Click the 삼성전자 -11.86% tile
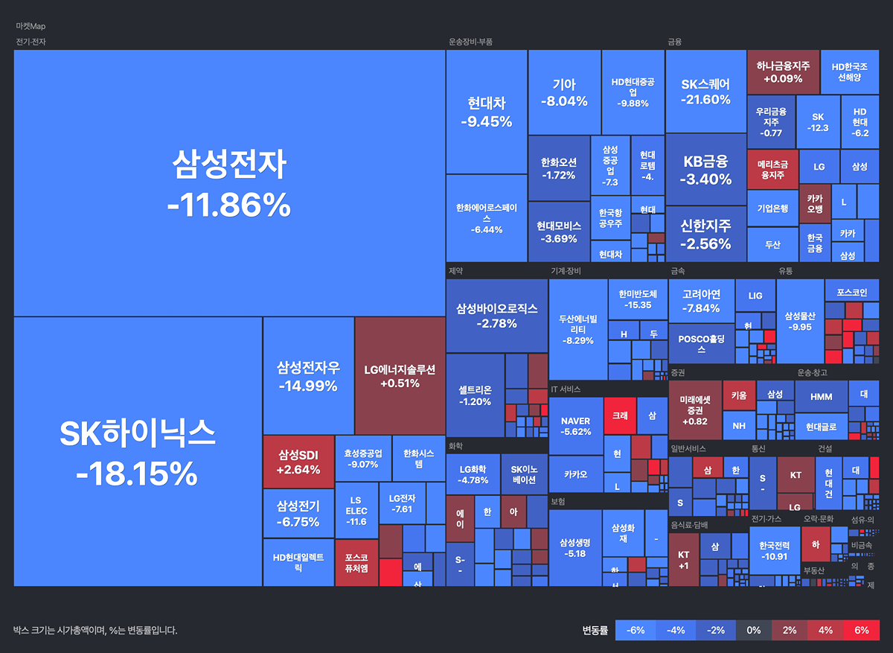[229, 183]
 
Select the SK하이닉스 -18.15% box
[138, 451]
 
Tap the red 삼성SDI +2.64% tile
[298, 462]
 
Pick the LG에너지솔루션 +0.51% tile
[400, 376]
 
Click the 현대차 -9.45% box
[487, 112]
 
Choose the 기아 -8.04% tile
[564, 92]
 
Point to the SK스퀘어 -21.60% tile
[705, 92]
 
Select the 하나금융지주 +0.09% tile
[783, 71]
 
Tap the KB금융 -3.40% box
[705, 170]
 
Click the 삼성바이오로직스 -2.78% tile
[496, 315]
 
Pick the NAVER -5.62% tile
[575, 426]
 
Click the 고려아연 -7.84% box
[701, 301]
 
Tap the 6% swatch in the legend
[861, 630]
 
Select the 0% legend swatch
[754, 630]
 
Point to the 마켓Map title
[31, 26]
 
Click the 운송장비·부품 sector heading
[470, 42]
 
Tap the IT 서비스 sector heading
[566, 389]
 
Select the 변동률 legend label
[595, 630]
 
